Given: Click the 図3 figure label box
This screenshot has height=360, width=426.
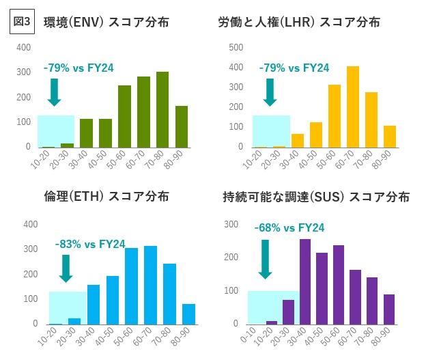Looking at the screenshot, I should [x=23, y=20].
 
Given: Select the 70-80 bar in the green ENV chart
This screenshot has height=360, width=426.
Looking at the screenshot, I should [x=162, y=109].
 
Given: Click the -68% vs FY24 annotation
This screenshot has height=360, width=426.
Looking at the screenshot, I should [x=289, y=228].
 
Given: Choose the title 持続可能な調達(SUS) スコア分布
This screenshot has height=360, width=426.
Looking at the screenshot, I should [x=316, y=197].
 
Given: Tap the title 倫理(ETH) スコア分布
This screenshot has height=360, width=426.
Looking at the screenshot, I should [x=106, y=197].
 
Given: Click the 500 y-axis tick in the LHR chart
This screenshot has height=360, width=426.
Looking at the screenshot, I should [x=236, y=47].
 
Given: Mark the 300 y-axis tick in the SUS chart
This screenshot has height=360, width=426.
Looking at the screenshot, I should [x=231, y=223].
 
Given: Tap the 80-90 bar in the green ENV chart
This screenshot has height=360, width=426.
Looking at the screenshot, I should [x=182, y=126].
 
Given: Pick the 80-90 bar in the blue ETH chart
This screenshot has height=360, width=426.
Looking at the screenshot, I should [x=189, y=314].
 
